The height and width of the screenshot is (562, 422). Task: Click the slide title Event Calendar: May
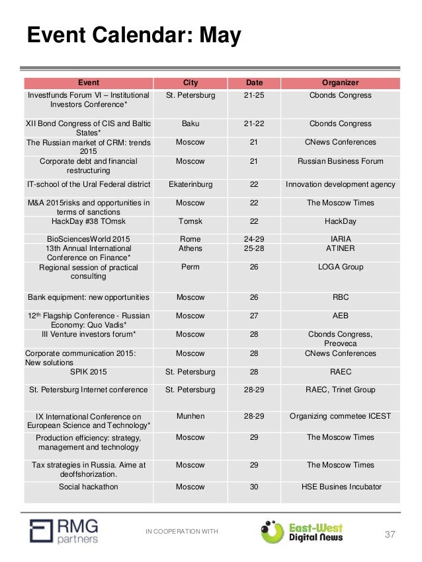click(133, 35)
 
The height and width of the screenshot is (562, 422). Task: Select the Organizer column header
click(340, 83)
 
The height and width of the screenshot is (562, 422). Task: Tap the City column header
click(190, 83)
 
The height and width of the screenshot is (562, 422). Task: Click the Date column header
click(254, 83)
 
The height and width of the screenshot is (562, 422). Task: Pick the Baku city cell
click(190, 123)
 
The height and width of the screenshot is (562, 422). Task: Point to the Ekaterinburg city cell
click(190, 184)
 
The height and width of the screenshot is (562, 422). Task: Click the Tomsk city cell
click(190, 221)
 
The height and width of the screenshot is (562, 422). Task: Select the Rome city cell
click(190, 238)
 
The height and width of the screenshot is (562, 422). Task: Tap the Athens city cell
click(190, 249)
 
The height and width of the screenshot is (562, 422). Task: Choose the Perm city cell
click(190, 267)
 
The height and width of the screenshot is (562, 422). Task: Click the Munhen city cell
click(190, 416)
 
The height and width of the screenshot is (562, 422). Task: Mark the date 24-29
click(254, 238)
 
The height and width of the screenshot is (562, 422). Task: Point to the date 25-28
click(254, 249)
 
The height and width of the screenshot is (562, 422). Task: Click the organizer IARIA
click(340, 238)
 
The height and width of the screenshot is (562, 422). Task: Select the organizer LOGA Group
click(340, 267)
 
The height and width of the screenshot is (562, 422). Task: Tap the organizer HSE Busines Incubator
click(340, 487)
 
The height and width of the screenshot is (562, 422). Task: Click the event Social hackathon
click(89, 487)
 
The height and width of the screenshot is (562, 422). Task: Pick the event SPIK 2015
click(89, 372)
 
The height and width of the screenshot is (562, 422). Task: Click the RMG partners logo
click(65, 530)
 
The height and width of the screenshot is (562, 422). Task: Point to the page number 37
click(390, 534)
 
